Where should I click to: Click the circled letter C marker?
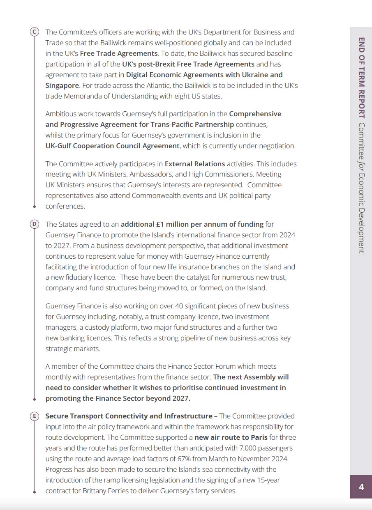click(35, 32)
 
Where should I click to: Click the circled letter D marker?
click(35, 224)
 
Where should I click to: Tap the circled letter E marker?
click(35, 416)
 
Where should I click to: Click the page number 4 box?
click(361, 487)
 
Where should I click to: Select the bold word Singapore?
click(62, 85)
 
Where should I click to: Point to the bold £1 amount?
click(161, 224)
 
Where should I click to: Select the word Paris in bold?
click(258, 437)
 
